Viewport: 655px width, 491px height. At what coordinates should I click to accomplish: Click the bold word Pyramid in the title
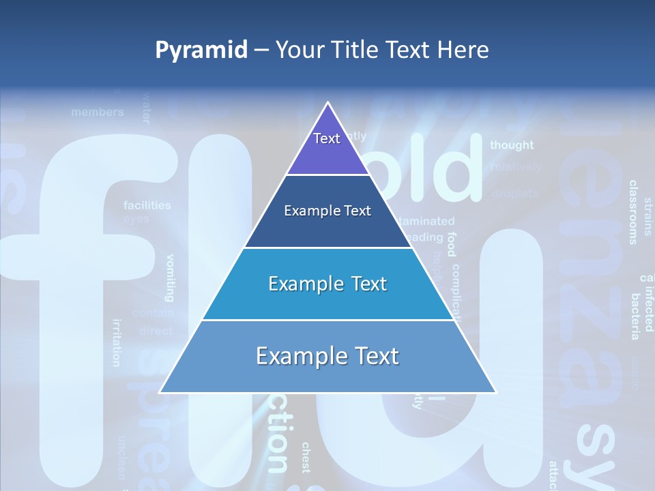pos(201,50)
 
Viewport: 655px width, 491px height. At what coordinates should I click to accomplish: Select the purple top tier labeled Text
pos(327,147)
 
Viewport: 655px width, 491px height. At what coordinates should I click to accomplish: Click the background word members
pos(98,112)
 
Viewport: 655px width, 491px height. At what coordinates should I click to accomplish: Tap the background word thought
pos(512,145)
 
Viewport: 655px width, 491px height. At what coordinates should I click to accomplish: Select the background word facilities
pos(147,205)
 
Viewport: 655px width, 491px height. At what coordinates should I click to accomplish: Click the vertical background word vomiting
pos(170,278)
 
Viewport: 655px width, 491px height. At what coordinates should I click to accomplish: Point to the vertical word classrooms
pos(633,211)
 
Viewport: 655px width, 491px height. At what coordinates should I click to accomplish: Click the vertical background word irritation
pos(117,342)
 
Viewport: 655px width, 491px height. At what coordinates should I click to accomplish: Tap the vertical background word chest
pos(306,457)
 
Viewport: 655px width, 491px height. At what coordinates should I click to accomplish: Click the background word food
pos(451,244)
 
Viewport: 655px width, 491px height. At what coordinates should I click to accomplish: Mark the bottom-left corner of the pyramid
pos(160,392)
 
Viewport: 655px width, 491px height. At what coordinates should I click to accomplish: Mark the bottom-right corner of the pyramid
pos(496,392)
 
